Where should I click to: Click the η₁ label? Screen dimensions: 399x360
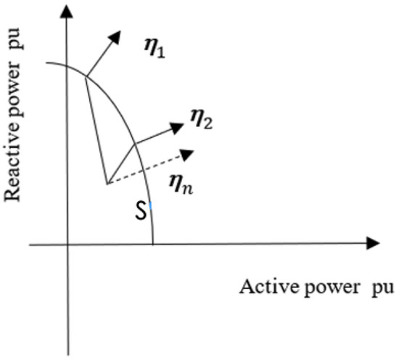click(x=155, y=48)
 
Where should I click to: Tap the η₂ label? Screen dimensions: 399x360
click(x=202, y=118)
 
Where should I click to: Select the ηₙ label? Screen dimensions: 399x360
click(x=181, y=184)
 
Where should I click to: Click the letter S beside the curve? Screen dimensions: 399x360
click(x=141, y=210)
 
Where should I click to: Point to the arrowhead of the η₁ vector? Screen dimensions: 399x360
click(x=115, y=37)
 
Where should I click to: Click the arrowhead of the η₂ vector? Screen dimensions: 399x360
click(x=176, y=128)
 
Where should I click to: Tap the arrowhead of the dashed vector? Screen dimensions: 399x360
click(x=187, y=155)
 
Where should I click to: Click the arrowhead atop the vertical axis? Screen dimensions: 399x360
click(x=67, y=12)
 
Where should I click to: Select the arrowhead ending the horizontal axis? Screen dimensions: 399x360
click(x=373, y=243)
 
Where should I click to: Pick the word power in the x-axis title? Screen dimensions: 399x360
click(x=332, y=289)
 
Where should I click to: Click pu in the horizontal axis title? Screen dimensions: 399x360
click(x=383, y=289)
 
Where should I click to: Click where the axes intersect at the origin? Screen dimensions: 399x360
click(x=67, y=245)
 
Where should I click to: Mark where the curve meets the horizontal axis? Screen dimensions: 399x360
click(x=153, y=244)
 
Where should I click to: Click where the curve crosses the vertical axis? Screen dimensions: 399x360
click(x=67, y=66)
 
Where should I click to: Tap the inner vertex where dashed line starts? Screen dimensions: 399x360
click(x=107, y=184)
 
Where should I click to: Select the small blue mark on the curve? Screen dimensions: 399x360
click(x=150, y=205)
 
